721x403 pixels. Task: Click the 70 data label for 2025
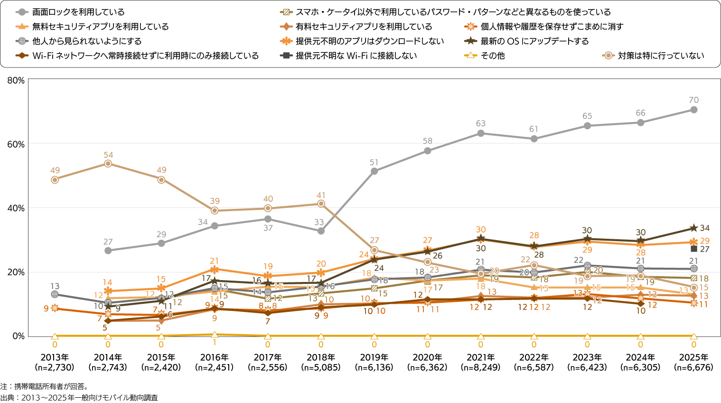click(693, 100)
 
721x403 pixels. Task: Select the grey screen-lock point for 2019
click(374, 171)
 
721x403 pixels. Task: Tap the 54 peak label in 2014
click(108, 155)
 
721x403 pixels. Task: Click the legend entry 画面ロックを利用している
click(78, 12)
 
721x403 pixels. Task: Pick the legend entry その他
click(492, 56)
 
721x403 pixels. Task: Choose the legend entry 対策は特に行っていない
click(661, 56)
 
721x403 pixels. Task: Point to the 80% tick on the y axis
click(16, 81)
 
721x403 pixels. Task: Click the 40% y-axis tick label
click(16, 208)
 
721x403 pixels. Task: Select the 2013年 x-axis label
click(55, 357)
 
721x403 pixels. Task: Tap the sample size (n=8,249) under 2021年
click(480, 367)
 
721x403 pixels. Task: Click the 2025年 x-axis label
click(693, 357)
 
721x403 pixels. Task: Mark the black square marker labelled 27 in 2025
click(694, 249)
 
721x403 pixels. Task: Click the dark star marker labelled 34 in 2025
click(693, 228)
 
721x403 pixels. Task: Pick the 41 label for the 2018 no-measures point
click(321, 195)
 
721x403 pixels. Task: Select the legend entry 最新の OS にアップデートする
click(534, 41)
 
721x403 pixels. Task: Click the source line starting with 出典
click(79, 398)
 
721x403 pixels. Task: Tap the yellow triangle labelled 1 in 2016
click(215, 335)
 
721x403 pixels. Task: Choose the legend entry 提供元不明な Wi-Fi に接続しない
click(356, 56)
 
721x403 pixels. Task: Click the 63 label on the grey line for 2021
click(480, 123)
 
